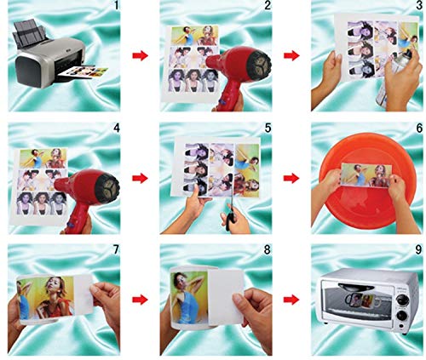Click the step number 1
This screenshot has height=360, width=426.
(116, 6)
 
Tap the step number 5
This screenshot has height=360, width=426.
(268, 129)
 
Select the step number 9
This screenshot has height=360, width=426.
(419, 249)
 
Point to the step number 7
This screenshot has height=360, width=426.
(116, 249)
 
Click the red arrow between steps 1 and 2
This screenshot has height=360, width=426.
(141, 55)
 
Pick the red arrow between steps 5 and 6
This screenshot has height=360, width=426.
(291, 178)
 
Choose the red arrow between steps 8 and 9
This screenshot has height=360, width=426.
(291, 300)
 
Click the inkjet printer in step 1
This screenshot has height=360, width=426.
(49, 54)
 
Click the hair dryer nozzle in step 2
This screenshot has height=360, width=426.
(258, 62)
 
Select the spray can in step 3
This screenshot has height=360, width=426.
(394, 79)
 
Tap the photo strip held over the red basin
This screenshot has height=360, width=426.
(366, 175)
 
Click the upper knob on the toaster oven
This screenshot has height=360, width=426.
(404, 300)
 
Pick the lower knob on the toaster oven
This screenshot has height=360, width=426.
(404, 317)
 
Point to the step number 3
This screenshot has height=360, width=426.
(419, 6)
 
